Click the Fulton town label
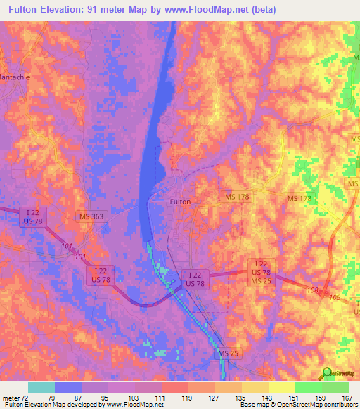[x=181, y=201]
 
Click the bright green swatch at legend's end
[x=335, y=387]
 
